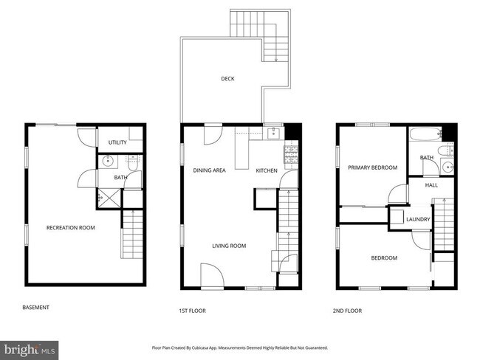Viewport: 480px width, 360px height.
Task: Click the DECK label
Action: click(227, 79)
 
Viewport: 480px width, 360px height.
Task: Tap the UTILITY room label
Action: click(117, 142)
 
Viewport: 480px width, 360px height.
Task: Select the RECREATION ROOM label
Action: click(71, 228)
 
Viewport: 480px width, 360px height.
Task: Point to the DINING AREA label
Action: click(209, 170)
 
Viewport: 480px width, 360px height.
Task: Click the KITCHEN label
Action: click(266, 170)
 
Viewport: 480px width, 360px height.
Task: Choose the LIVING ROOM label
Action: click(229, 246)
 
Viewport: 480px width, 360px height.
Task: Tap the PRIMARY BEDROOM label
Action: click(372, 167)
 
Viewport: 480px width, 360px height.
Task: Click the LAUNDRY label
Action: click(418, 219)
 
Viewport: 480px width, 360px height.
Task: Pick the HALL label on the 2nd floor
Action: click(431, 185)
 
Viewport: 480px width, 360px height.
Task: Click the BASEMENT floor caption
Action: click(36, 308)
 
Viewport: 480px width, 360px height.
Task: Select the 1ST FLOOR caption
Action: click(192, 311)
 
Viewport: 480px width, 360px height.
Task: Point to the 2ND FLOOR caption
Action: click(347, 311)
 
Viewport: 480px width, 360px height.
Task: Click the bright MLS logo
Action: click(30, 348)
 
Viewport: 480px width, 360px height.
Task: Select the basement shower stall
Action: click(109, 197)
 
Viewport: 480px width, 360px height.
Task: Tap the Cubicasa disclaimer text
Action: click(239, 347)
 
